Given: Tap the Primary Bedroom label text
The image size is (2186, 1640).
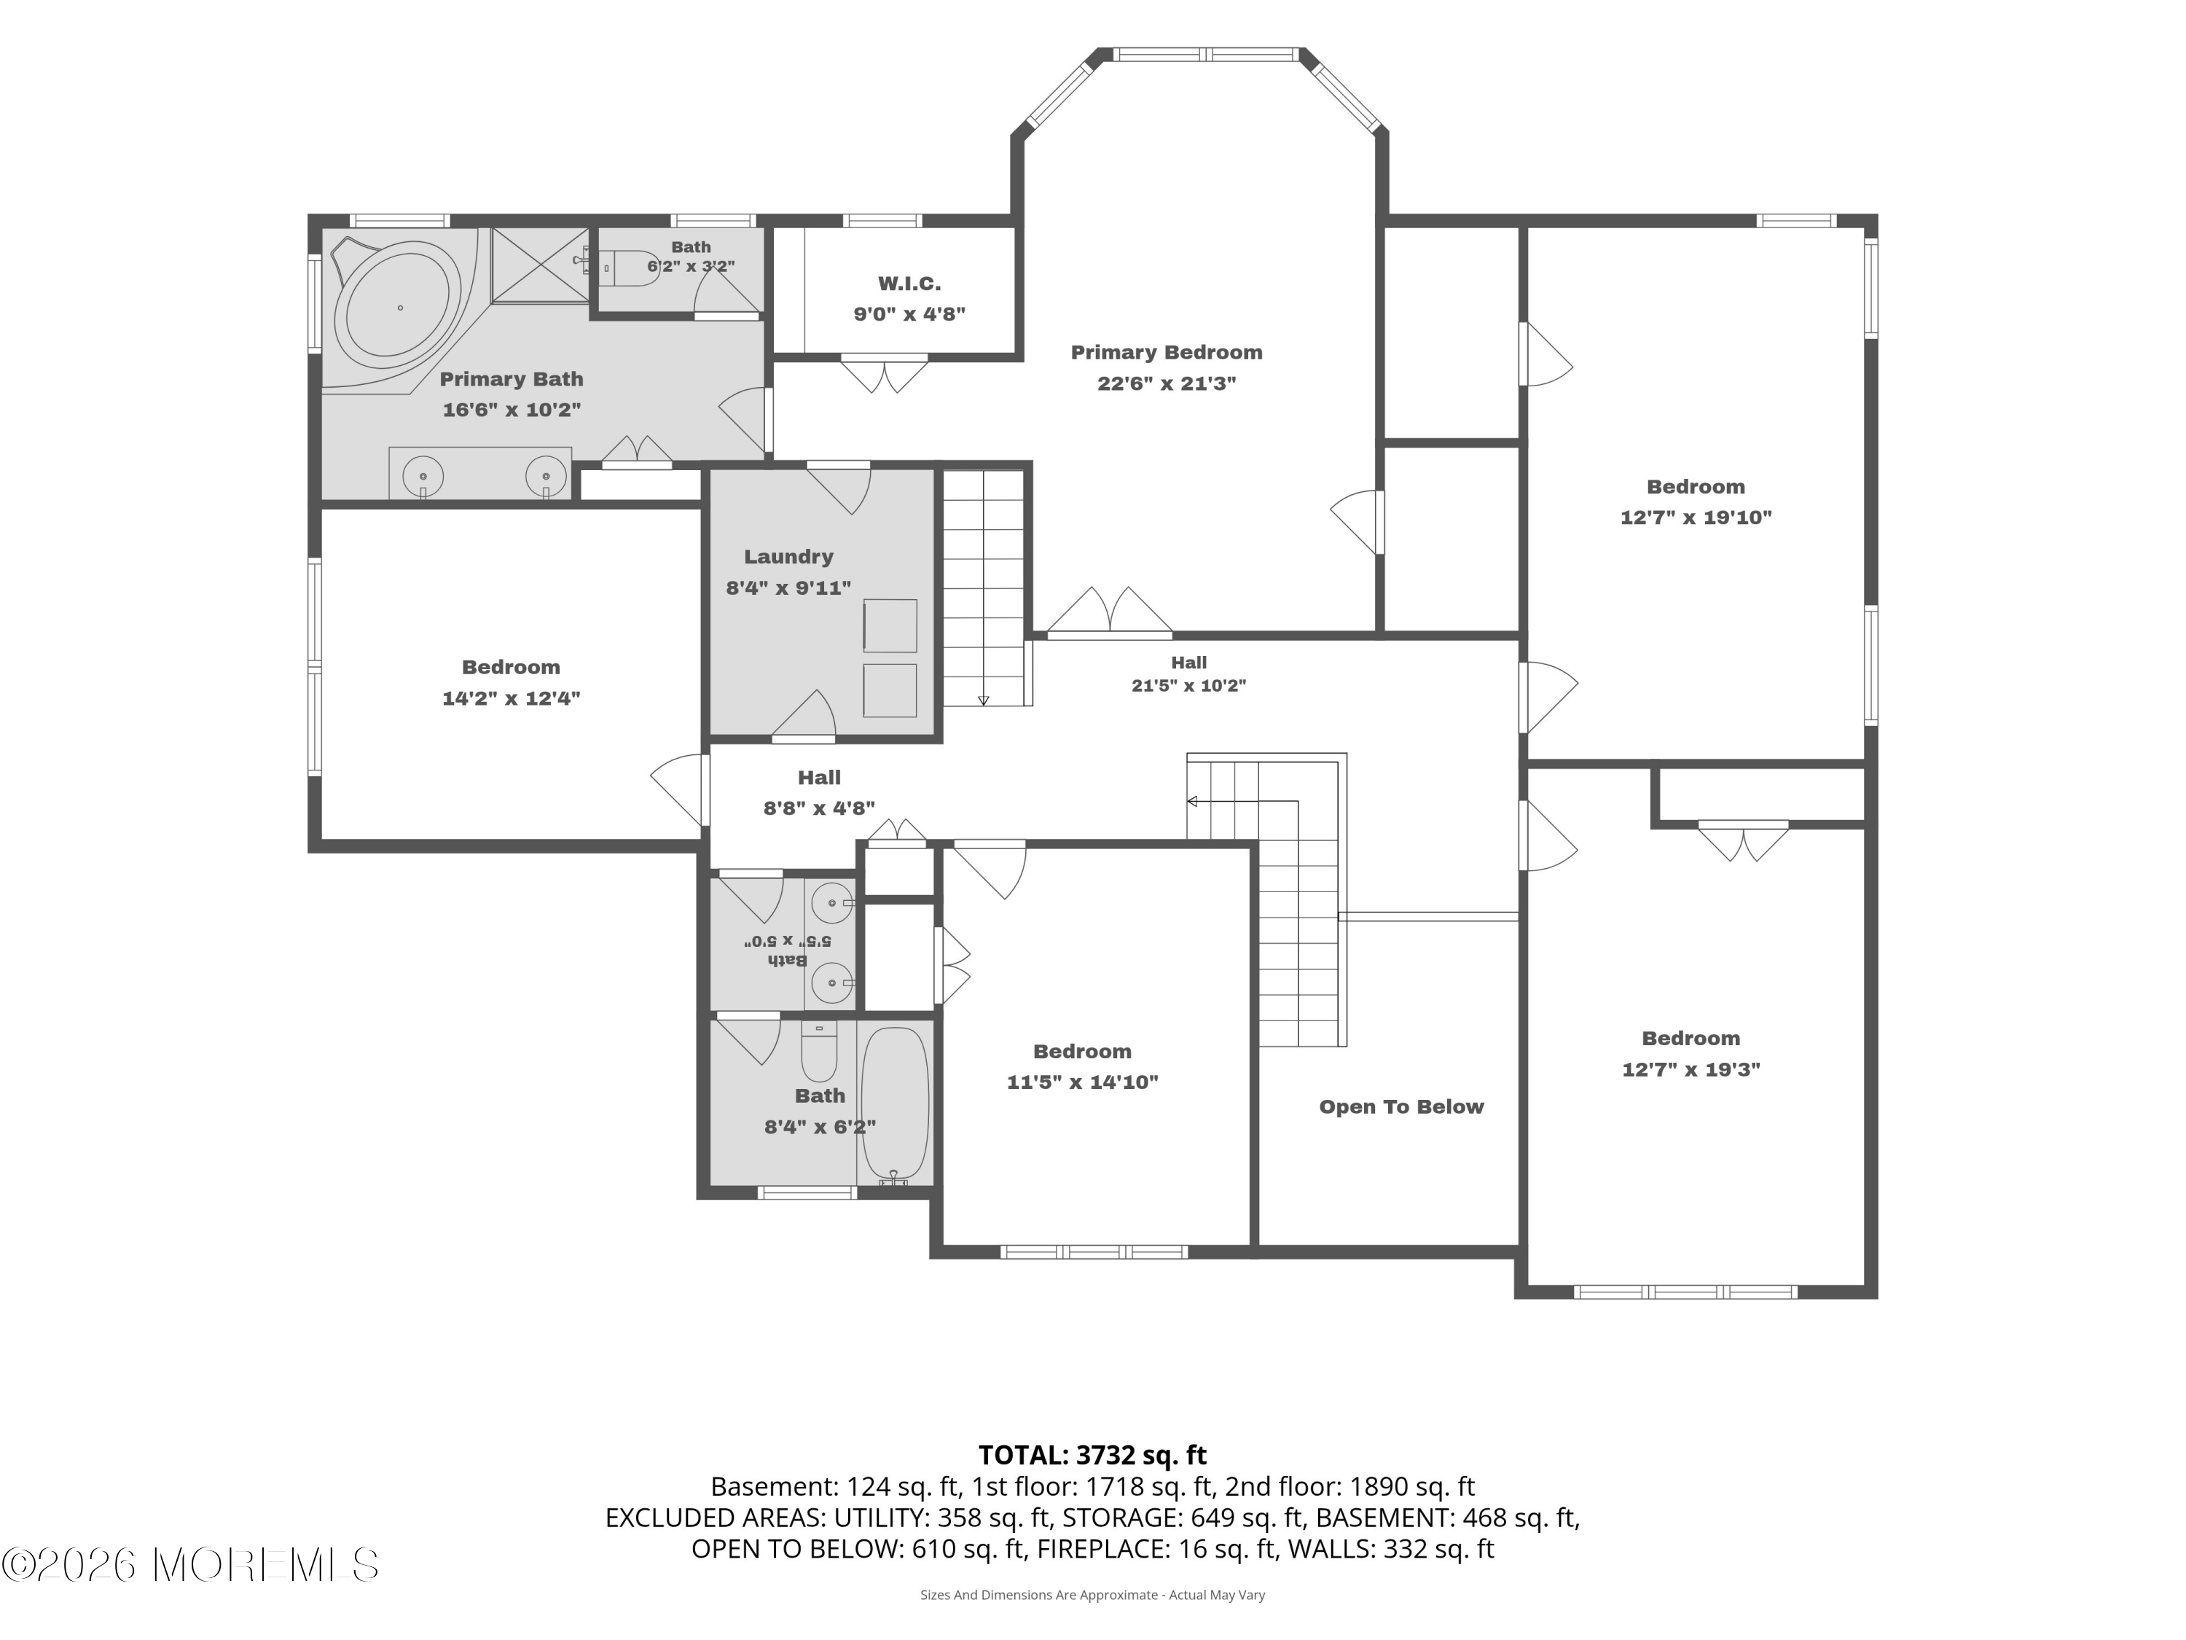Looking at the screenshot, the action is [x=1166, y=353].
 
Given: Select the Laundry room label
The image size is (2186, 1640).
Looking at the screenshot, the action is [x=788, y=558].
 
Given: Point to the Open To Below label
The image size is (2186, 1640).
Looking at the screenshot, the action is [x=1401, y=1107].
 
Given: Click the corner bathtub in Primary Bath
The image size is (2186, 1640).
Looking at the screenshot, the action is [x=397, y=308].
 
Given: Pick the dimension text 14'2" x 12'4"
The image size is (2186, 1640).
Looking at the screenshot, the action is [x=511, y=699].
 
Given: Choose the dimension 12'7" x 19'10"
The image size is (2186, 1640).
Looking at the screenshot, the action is [x=1696, y=517].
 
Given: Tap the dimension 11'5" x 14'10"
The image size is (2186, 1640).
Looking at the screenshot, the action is [x=1082, y=1082].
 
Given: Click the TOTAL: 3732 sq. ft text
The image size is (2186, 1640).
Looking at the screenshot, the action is [x=1092, y=1455].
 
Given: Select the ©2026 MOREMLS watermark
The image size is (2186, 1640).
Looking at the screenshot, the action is [x=189, y=1565].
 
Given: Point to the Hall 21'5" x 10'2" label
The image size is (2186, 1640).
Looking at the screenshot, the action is [x=1189, y=674].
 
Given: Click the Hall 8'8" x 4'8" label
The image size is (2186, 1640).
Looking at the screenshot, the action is [x=819, y=793].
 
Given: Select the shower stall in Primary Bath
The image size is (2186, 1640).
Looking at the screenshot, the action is [x=541, y=265].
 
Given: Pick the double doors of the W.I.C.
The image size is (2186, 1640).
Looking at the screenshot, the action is [x=885, y=374].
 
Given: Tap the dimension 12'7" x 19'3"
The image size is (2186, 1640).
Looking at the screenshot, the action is [x=1691, y=1069].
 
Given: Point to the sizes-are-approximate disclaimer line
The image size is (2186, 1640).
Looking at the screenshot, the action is [x=1092, y=1595].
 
